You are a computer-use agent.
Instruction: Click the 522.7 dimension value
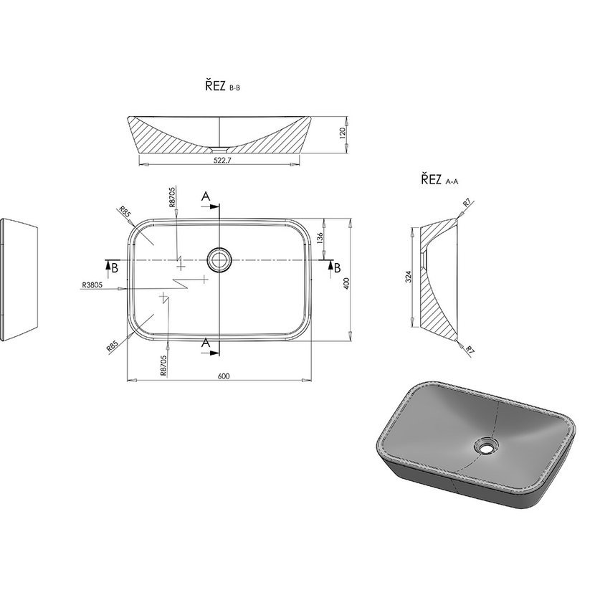point(222,160)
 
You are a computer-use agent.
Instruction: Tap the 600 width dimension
point(224,376)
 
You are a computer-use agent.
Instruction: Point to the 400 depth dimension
point(346,283)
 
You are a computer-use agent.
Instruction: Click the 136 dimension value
point(320,238)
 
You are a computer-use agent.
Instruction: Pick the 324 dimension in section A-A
point(408,277)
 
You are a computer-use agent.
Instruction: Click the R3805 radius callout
point(92,285)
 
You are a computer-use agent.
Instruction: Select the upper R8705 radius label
point(172,197)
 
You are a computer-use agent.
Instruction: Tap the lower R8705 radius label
point(163,366)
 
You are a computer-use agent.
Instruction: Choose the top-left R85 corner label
point(125,211)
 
